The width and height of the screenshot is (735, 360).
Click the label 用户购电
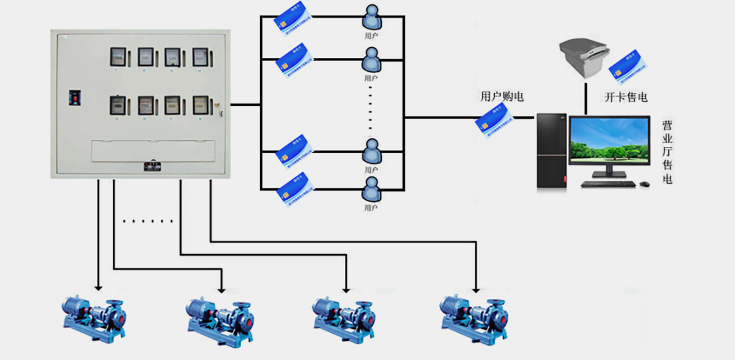501,97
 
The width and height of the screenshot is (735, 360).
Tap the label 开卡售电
626,97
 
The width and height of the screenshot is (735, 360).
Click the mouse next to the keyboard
645,184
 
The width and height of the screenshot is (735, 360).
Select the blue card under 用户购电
492,118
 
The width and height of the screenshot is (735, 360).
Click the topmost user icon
371,17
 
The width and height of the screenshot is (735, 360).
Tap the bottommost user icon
371,189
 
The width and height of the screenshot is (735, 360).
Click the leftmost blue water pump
93,314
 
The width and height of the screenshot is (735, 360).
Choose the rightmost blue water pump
473,314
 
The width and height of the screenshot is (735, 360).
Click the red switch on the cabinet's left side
75,98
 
